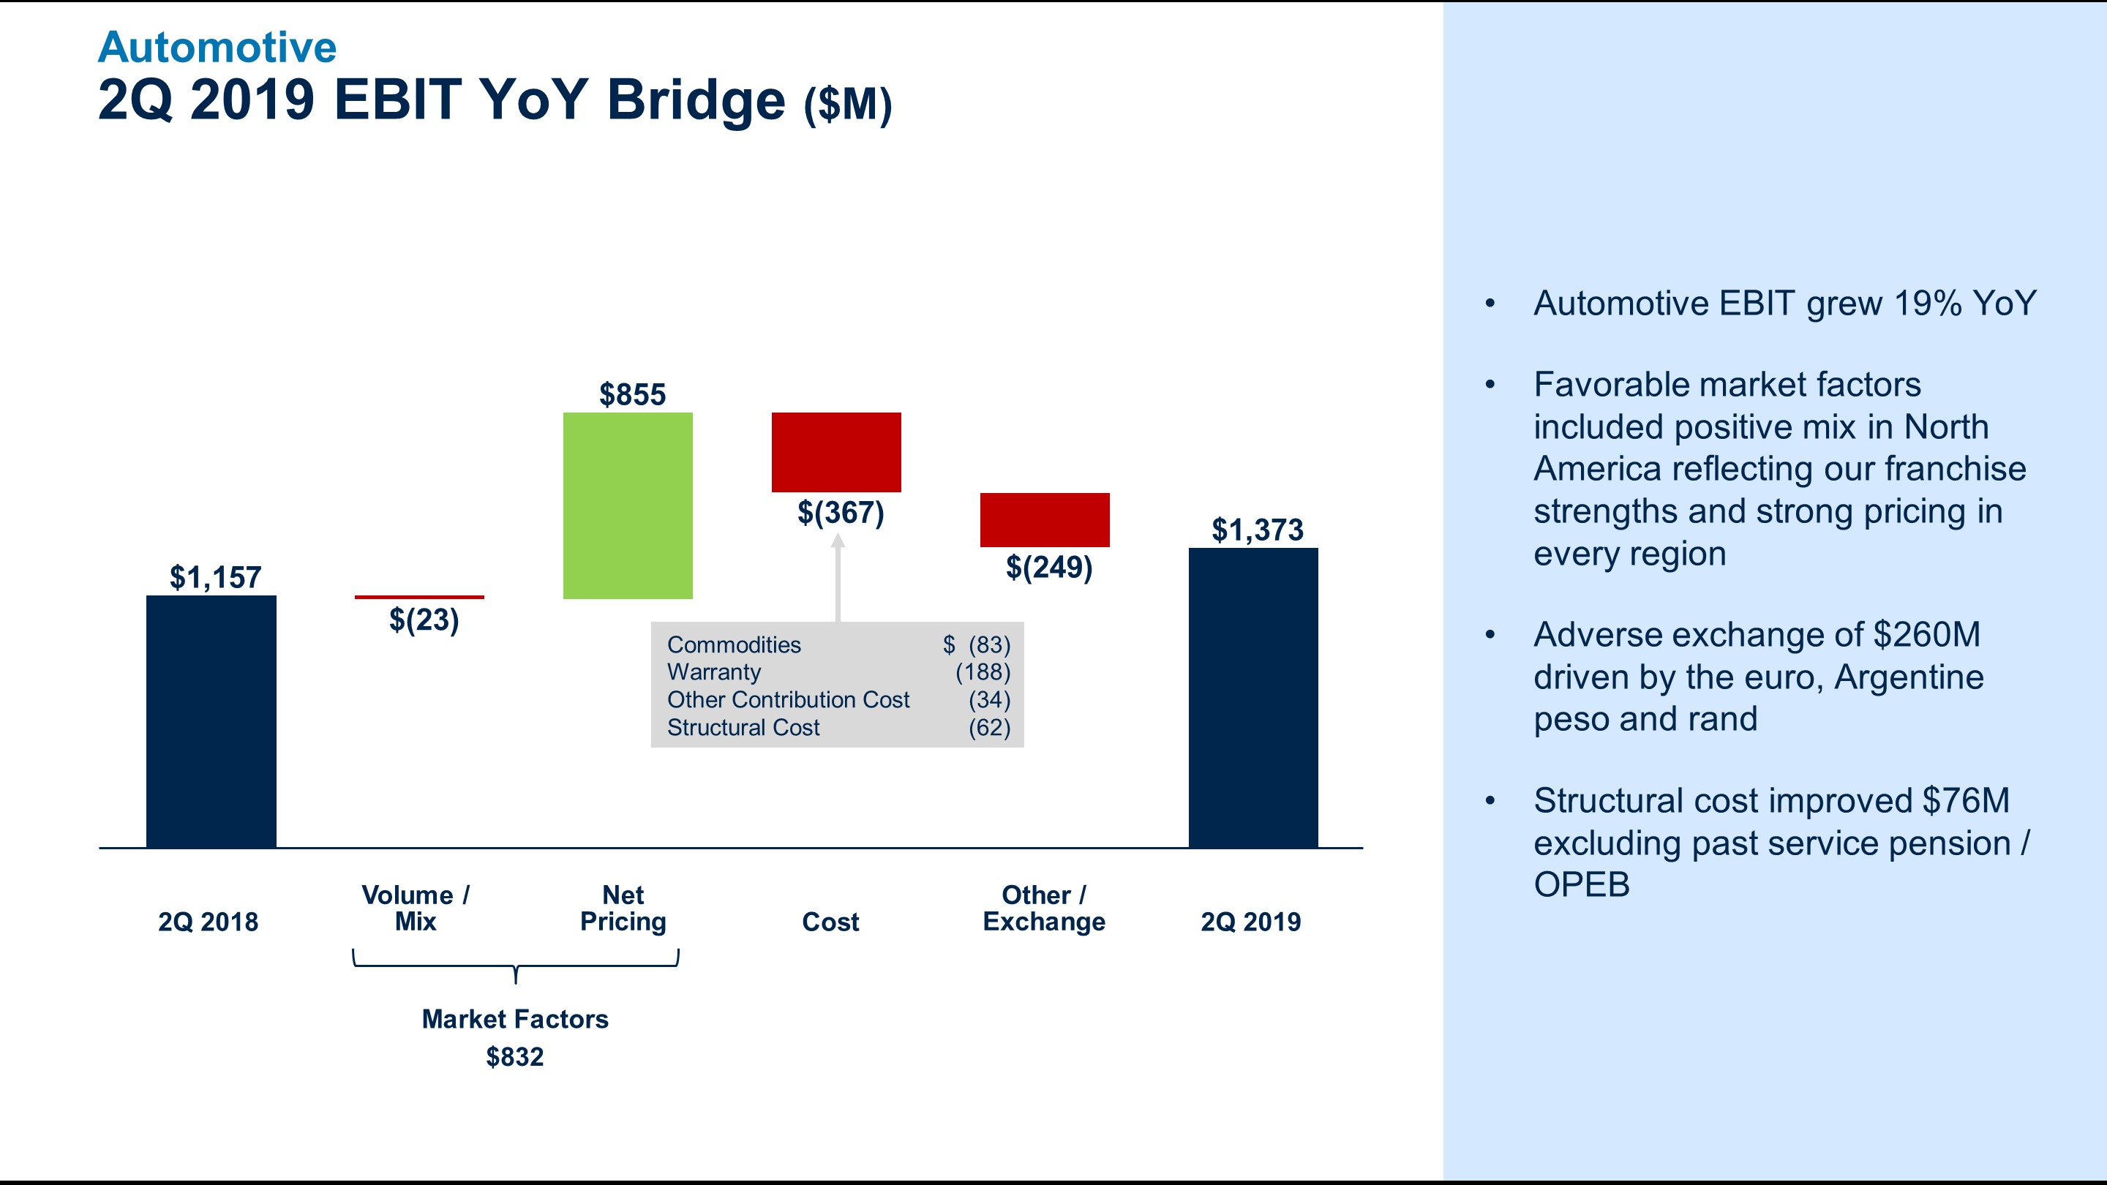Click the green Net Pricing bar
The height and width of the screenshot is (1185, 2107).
628,505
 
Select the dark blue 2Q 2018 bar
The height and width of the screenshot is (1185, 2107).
211,721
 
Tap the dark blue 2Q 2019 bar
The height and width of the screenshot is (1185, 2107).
1253,698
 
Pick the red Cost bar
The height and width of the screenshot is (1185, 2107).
836,452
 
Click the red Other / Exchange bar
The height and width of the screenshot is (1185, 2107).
1045,519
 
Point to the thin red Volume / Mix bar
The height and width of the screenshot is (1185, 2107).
418,597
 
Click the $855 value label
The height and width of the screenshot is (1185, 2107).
632,394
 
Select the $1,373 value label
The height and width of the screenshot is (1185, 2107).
1257,530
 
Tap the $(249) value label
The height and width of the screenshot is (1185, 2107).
1048,567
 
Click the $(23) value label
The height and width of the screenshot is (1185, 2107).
424,620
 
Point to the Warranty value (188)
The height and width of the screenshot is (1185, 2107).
983,672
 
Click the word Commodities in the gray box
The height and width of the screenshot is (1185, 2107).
734,644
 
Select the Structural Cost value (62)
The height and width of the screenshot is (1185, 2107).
989,727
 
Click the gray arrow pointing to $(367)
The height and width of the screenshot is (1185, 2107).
838,576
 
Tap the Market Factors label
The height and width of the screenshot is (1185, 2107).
514,1019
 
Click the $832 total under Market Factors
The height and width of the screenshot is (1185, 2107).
514,1056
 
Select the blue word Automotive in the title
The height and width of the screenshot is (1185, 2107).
217,47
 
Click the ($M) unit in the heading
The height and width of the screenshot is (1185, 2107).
847,105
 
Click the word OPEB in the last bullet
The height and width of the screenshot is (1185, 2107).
1581,885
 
